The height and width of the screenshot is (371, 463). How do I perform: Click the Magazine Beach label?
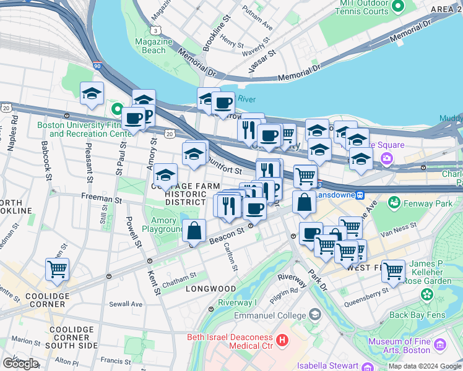tap(153, 46)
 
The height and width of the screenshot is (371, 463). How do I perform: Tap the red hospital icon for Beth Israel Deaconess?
tap(282, 339)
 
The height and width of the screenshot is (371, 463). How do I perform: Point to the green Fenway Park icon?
tap(393, 202)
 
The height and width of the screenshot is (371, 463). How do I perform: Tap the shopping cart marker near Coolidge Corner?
tap(57, 270)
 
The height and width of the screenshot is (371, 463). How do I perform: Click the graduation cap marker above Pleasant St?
tap(92, 93)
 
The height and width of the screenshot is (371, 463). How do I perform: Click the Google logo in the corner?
tap(20, 363)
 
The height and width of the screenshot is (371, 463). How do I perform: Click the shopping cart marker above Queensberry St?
tap(393, 270)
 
